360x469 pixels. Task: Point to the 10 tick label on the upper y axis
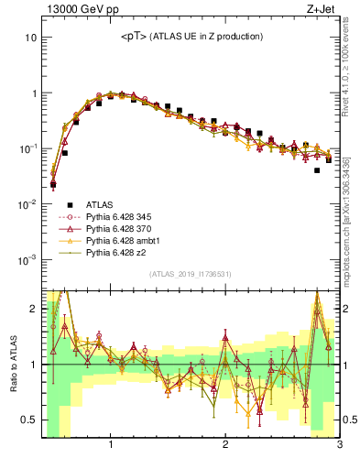point(30,38)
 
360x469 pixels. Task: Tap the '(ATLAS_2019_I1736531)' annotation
point(190,274)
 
